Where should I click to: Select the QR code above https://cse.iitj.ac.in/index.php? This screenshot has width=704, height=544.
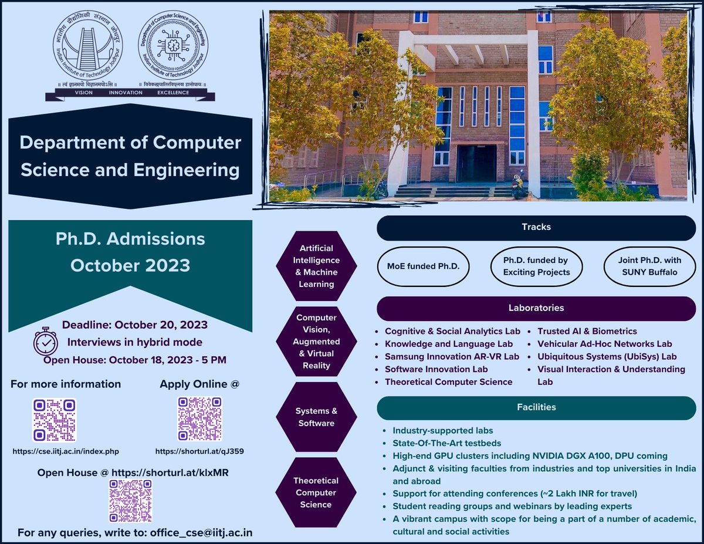click(54, 420)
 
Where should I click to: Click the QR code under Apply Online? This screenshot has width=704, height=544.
click(200, 420)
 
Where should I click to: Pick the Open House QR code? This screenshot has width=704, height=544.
click(130, 501)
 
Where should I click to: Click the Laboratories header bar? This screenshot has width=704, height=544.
click(536, 308)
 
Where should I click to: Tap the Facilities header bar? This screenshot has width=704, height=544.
click(536, 407)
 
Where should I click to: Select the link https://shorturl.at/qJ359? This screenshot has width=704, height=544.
click(200, 451)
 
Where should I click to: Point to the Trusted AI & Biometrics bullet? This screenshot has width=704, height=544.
click(587, 332)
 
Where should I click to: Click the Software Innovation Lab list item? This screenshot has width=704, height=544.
click(436, 369)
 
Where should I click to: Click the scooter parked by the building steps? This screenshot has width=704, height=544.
click(519, 185)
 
